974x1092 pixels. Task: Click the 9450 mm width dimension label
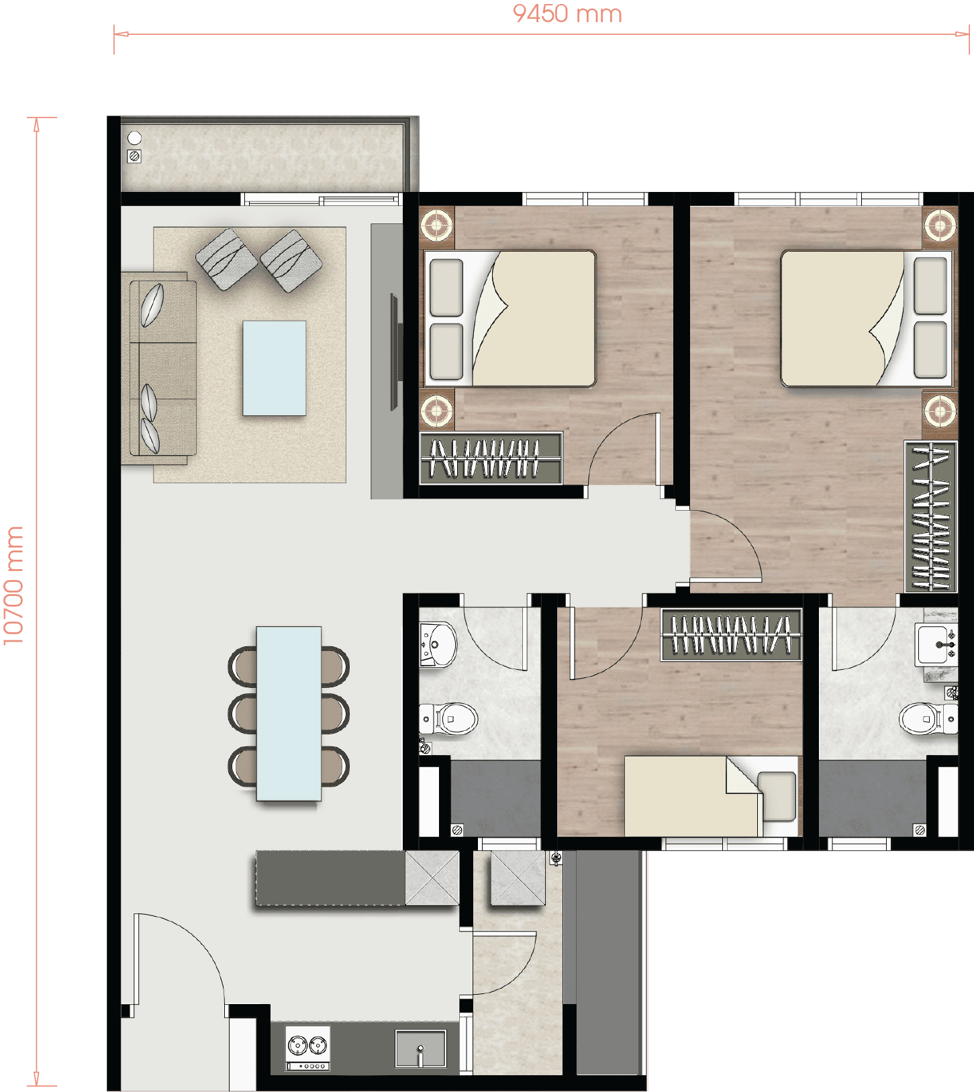tap(567, 13)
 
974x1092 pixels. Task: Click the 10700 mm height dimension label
tap(13, 585)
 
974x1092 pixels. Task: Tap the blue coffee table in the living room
tap(274, 368)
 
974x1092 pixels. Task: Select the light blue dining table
tap(289, 713)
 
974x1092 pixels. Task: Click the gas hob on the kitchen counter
tap(308, 1048)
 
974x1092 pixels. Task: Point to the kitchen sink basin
tap(421, 1048)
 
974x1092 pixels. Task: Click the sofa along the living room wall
tap(159, 368)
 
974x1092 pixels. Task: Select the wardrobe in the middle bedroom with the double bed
tap(491, 458)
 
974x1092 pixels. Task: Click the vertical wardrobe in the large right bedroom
tap(930, 516)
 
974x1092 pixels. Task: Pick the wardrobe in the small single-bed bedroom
tap(731, 635)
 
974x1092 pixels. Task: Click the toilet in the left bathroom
tap(448, 719)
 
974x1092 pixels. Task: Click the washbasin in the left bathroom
tap(437, 644)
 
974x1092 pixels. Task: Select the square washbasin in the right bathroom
tap(936, 645)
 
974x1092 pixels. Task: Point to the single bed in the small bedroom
tap(712, 796)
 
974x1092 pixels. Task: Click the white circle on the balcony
tap(134, 138)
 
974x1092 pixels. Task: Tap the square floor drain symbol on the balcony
tap(134, 156)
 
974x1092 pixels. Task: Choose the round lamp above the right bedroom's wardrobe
tap(940, 409)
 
